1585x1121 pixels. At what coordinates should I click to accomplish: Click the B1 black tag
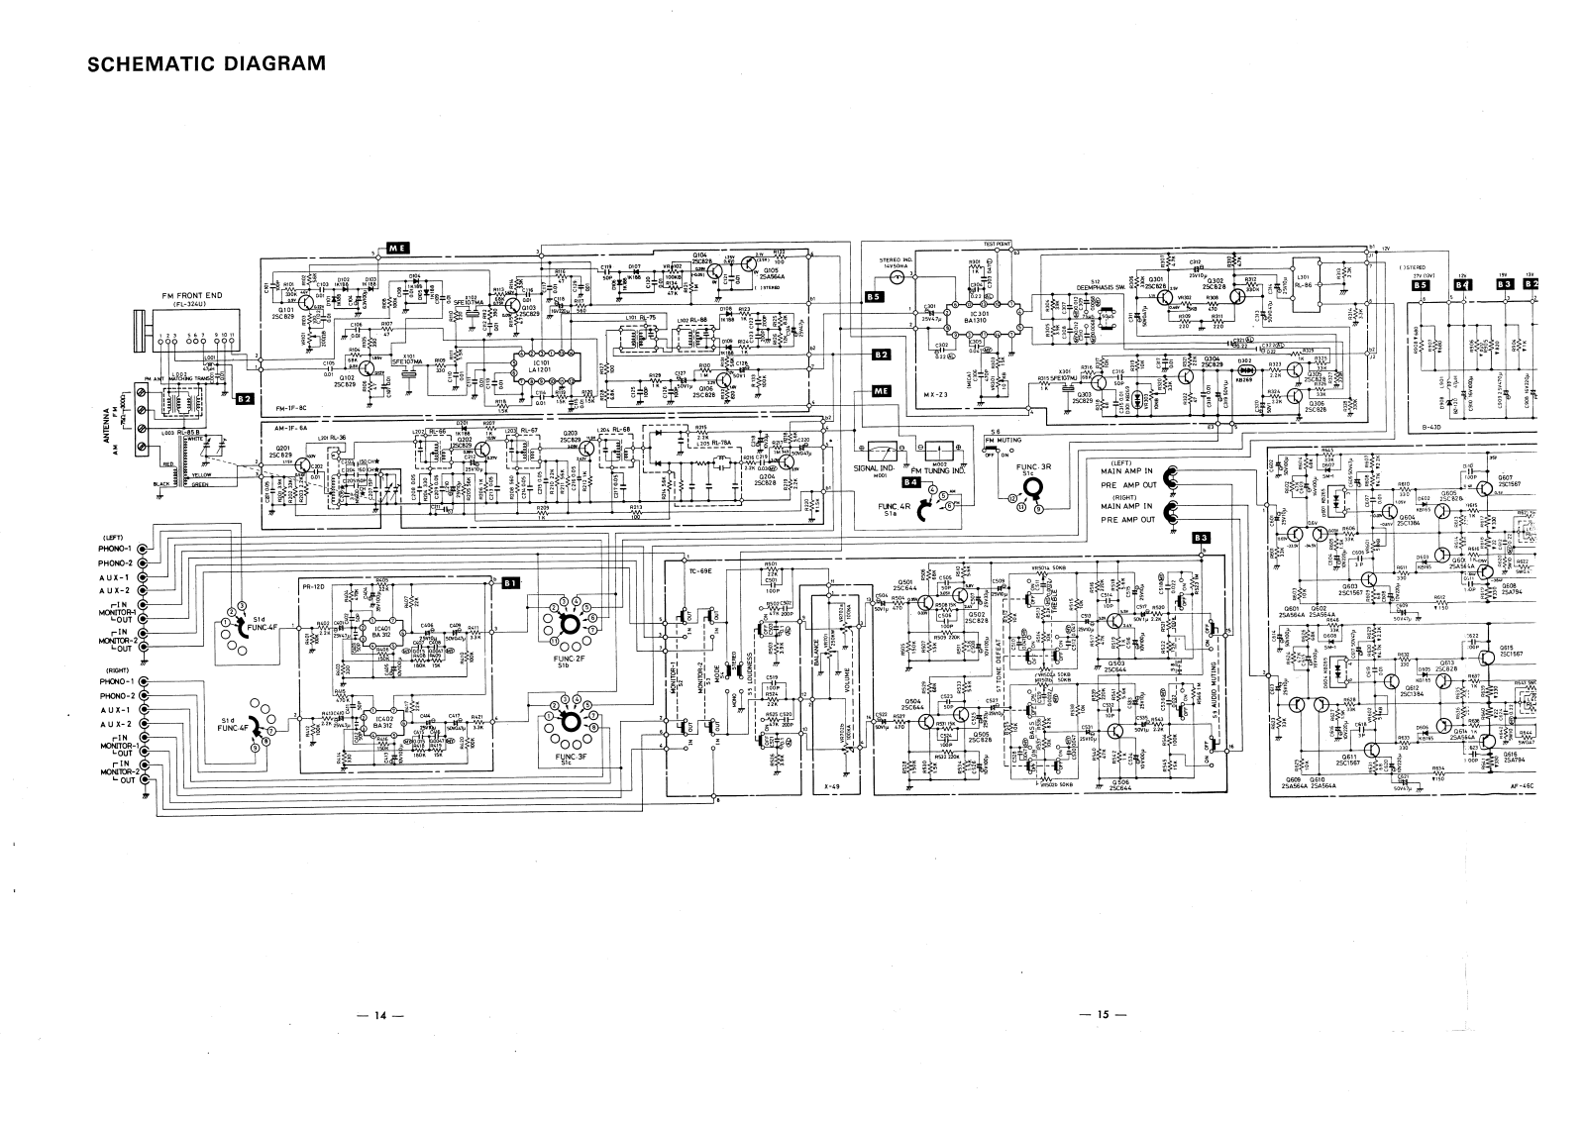point(511,583)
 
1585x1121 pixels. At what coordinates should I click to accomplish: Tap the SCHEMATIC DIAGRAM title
point(207,65)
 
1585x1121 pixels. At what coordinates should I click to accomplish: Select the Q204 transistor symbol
point(785,462)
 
